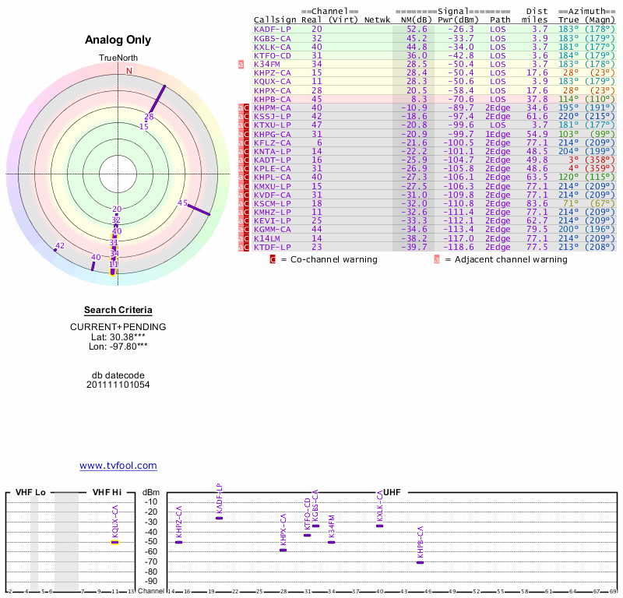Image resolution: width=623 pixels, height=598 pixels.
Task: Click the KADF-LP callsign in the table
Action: (x=272, y=28)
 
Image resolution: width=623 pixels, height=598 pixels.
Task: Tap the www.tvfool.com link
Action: (x=118, y=466)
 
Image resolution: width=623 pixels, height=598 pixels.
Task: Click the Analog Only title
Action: (x=118, y=40)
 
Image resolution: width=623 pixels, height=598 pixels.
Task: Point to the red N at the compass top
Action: (x=129, y=71)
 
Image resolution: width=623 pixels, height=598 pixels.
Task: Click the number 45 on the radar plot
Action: (x=183, y=203)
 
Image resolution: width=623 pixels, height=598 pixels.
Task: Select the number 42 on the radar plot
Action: (x=60, y=246)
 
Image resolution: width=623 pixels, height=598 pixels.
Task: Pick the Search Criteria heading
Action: (x=118, y=310)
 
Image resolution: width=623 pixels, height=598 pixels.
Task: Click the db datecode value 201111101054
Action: (x=118, y=385)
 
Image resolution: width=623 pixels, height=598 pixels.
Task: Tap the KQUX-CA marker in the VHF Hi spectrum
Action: (x=114, y=540)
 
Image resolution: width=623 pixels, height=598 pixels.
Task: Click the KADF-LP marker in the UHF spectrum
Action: (x=219, y=518)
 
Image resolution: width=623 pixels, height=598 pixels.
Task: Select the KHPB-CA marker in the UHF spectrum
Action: (x=420, y=561)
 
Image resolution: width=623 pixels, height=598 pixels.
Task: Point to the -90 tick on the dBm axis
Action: (x=152, y=582)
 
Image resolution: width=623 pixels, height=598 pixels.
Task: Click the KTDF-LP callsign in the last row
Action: (x=272, y=247)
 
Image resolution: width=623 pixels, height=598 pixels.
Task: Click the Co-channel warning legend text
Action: (x=329, y=259)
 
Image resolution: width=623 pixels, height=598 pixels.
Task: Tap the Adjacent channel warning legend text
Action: (x=506, y=259)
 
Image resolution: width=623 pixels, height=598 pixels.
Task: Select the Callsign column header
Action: (x=274, y=19)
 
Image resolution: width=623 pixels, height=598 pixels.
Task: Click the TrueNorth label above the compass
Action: (x=118, y=58)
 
